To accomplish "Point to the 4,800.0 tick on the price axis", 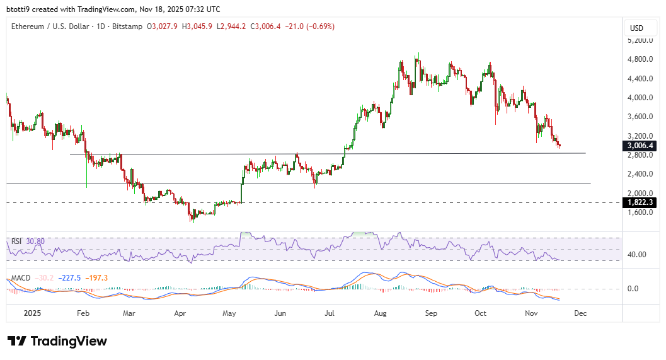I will coord(641,59).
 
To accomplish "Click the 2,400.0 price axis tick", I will coord(641,174).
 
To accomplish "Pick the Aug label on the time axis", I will coord(380,313).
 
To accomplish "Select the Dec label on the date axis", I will coord(580,313).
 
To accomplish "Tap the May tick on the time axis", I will coord(229,313).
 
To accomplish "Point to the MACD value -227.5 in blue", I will coord(71,278).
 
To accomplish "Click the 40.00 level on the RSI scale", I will coord(638,255).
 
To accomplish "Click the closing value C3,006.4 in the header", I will coord(265,26).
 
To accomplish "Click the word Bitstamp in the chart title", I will coord(128,26).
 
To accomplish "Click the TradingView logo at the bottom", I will coord(57,341).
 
